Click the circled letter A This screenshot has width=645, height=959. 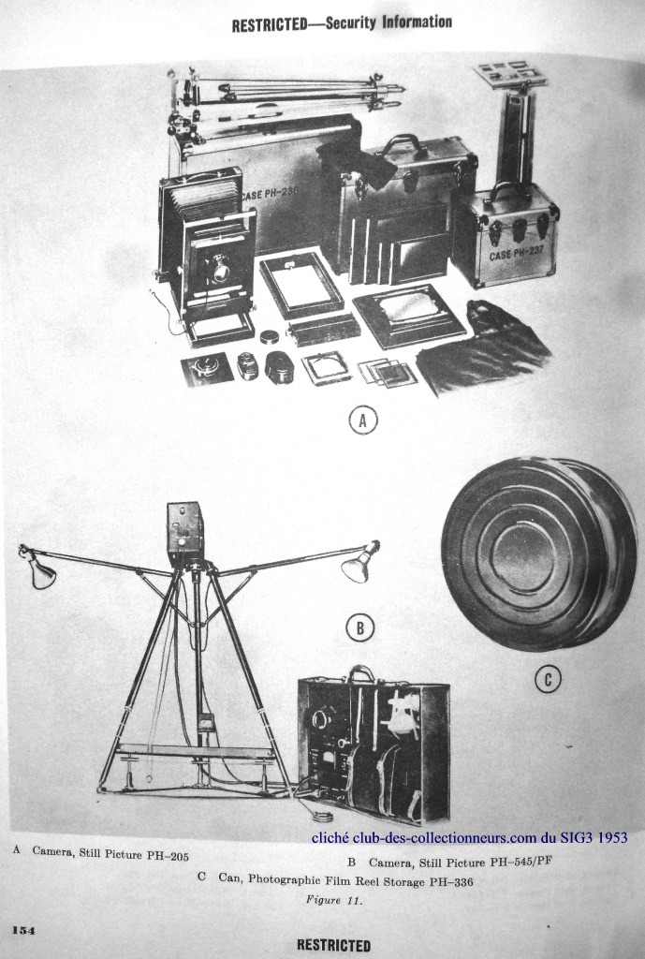(x=363, y=420)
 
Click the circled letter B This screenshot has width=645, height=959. (x=360, y=628)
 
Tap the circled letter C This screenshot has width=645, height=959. (x=548, y=679)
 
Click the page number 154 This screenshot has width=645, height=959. (x=22, y=930)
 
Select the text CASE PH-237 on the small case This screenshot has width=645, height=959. (x=515, y=252)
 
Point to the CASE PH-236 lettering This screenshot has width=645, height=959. (x=270, y=194)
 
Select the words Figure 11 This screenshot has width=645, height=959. (x=334, y=900)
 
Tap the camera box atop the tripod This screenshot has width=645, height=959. (x=184, y=533)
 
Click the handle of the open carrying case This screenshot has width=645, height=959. (x=362, y=673)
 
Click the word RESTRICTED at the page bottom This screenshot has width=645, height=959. (x=334, y=945)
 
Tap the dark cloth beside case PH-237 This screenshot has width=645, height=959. (x=483, y=347)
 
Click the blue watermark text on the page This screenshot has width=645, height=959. (x=470, y=837)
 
